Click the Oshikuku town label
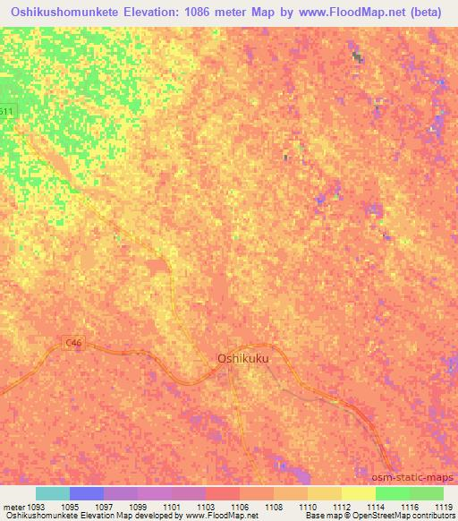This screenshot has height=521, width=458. [x=242, y=358]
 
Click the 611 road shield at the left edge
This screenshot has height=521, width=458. [x=7, y=111]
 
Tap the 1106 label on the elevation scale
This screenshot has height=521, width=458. [x=240, y=507]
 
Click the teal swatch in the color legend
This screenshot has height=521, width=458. [x=53, y=493]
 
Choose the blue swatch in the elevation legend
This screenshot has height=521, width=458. [x=87, y=493]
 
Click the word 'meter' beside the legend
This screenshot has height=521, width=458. [x=12, y=507]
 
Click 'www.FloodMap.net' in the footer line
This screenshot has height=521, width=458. [x=212, y=516]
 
